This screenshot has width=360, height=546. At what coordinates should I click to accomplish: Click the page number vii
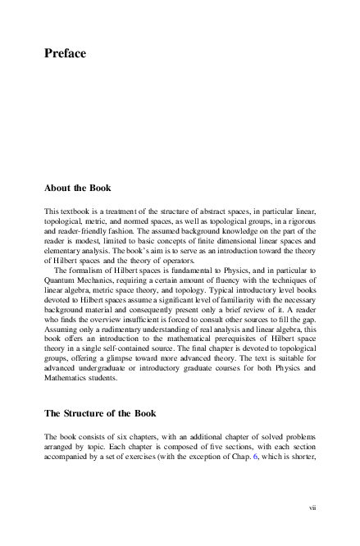click(x=312, y=508)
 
